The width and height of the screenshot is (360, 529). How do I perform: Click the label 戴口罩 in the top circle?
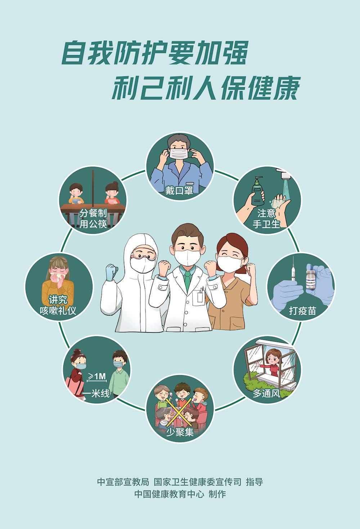pyautogui.click(x=179, y=190)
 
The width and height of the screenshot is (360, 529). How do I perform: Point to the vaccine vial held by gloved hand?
pyautogui.click(x=311, y=280)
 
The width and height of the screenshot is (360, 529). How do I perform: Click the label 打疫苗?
pyautogui.click(x=302, y=311)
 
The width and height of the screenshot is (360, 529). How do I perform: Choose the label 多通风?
pyautogui.click(x=266, y=394)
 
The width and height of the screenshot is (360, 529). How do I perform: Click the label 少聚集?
pyautogui.click(x=180, y=432)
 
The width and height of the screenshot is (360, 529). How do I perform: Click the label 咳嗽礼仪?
pyautogui.click(x=58, y=310)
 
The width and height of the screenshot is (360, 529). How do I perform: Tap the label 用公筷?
pyautogui.click(x=93, y=224)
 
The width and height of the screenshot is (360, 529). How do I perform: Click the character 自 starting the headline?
pyautogui.click(x=73, y=53)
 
